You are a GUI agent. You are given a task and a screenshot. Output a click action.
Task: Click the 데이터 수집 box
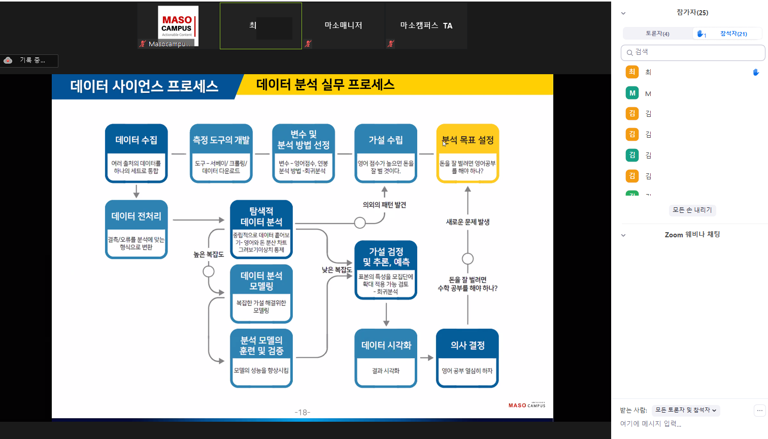[136, 153]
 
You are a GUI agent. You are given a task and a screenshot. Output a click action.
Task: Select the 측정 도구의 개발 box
[221, 153]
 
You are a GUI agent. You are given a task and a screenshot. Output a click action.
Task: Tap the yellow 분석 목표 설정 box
[468, 153]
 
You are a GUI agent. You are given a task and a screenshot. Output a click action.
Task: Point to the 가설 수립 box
[385, 153]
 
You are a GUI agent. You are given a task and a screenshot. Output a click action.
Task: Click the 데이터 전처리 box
[136, 229]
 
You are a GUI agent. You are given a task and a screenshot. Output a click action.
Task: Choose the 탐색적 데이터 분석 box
[261, 229]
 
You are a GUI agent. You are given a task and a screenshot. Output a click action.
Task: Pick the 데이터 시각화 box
[386, 358]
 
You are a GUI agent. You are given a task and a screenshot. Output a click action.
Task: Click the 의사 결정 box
[467, 358]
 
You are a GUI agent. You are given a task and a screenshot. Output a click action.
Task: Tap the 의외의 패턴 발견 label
[384, 205]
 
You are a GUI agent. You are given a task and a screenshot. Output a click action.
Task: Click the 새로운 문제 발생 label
[468, 222]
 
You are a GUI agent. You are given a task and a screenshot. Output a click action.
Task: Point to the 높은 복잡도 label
[208, 254]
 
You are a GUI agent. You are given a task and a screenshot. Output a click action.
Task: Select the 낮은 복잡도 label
[337, 270]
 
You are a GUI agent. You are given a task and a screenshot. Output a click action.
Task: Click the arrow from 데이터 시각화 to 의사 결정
[426, 358]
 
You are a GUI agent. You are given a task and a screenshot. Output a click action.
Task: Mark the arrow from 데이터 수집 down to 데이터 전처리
[136, 192]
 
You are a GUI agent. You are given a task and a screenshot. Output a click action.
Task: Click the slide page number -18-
[303, 412]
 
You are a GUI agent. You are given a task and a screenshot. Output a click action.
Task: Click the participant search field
[693, 52]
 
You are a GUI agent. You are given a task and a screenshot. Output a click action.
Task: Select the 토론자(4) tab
[657, 34]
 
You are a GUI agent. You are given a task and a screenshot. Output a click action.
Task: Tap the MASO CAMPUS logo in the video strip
[177, 25]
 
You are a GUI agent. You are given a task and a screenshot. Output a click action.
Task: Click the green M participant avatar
[632, 93]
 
